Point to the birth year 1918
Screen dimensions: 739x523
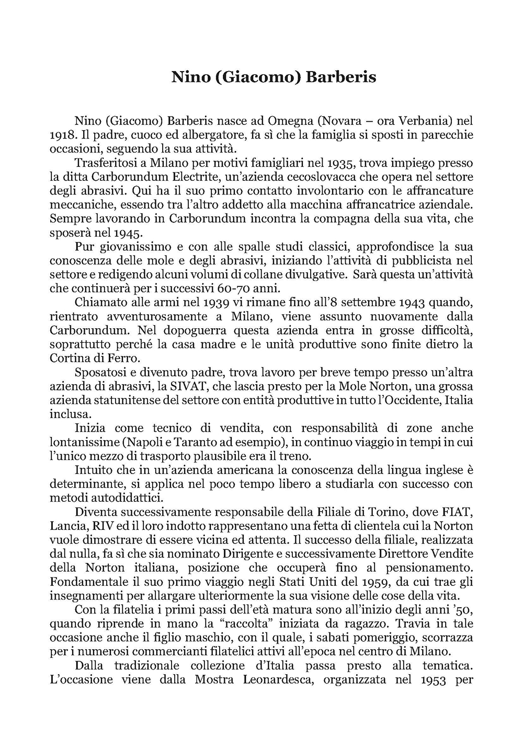tap(62, 135)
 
